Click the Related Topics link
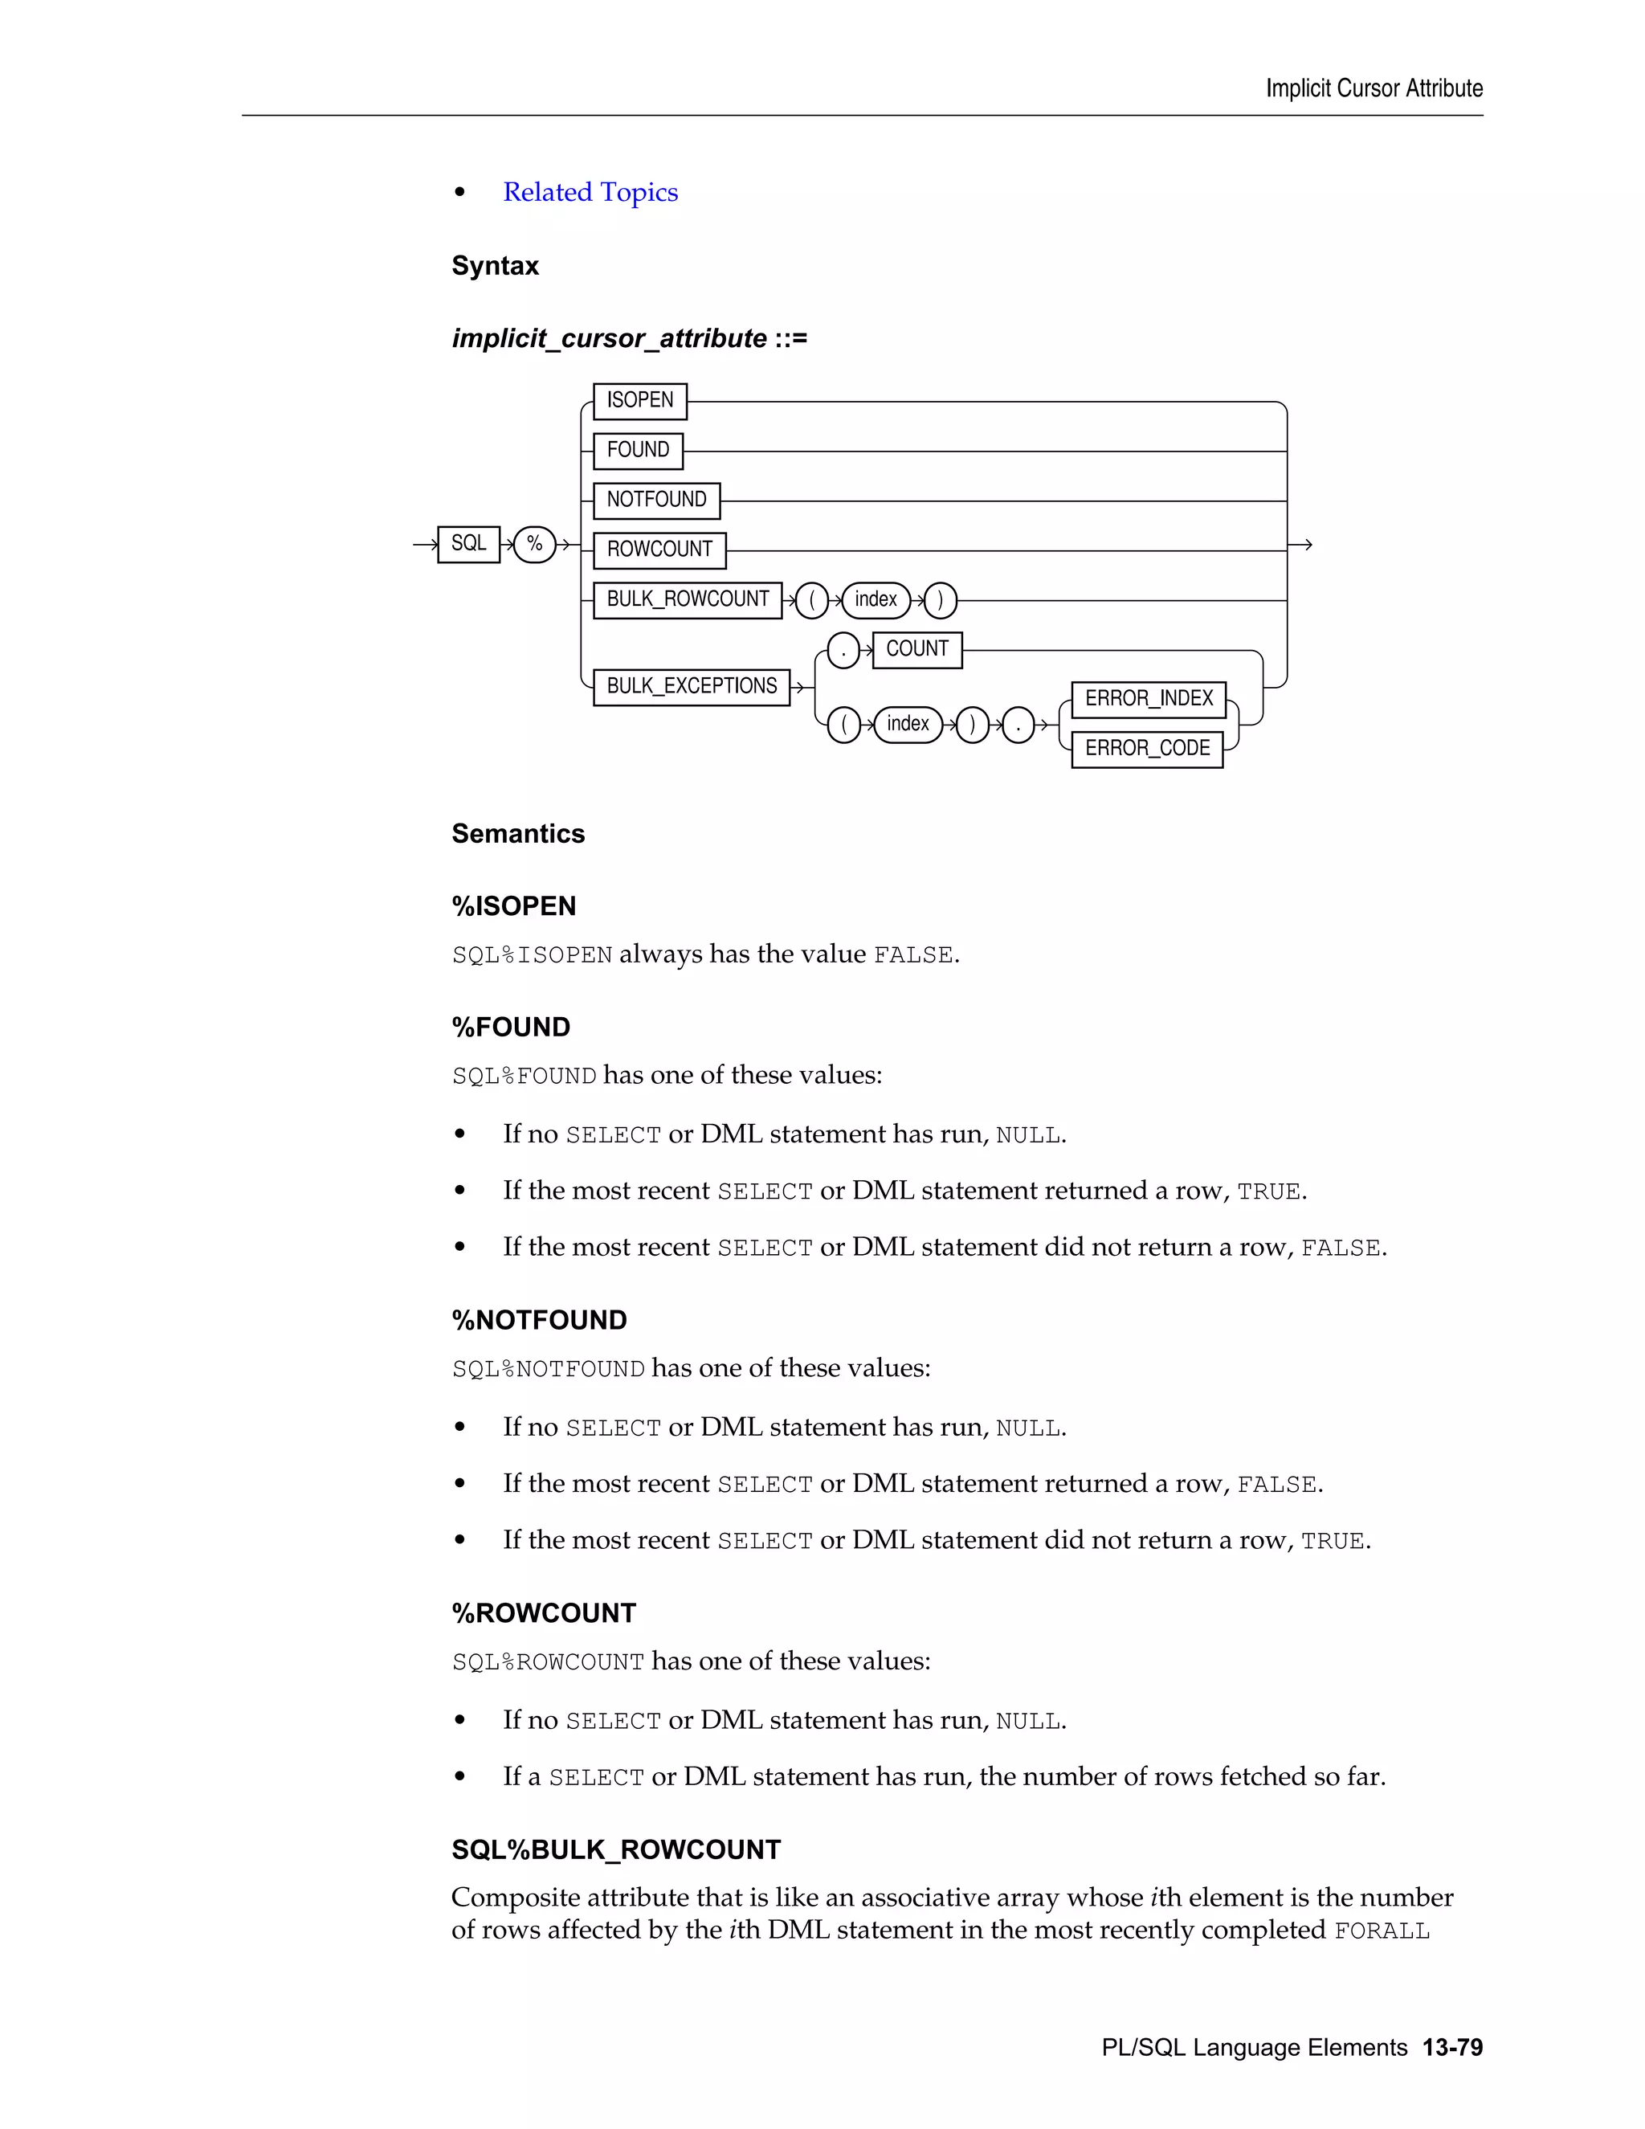(590, 192)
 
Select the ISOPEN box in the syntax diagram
(639, 401)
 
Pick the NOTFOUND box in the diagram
(656, 500)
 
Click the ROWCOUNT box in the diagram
(659, 550)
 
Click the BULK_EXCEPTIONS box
(691, 686)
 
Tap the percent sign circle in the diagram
(534, 544)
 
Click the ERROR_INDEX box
(1148, 699)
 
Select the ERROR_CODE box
(1146, 749)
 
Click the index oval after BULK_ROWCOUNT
(876, 599)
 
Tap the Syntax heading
(494, 266)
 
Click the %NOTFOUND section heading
(539, 1320)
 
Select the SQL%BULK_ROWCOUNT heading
(616, 1849)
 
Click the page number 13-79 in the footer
(1452, 2047)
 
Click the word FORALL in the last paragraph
(1381, 1931)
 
